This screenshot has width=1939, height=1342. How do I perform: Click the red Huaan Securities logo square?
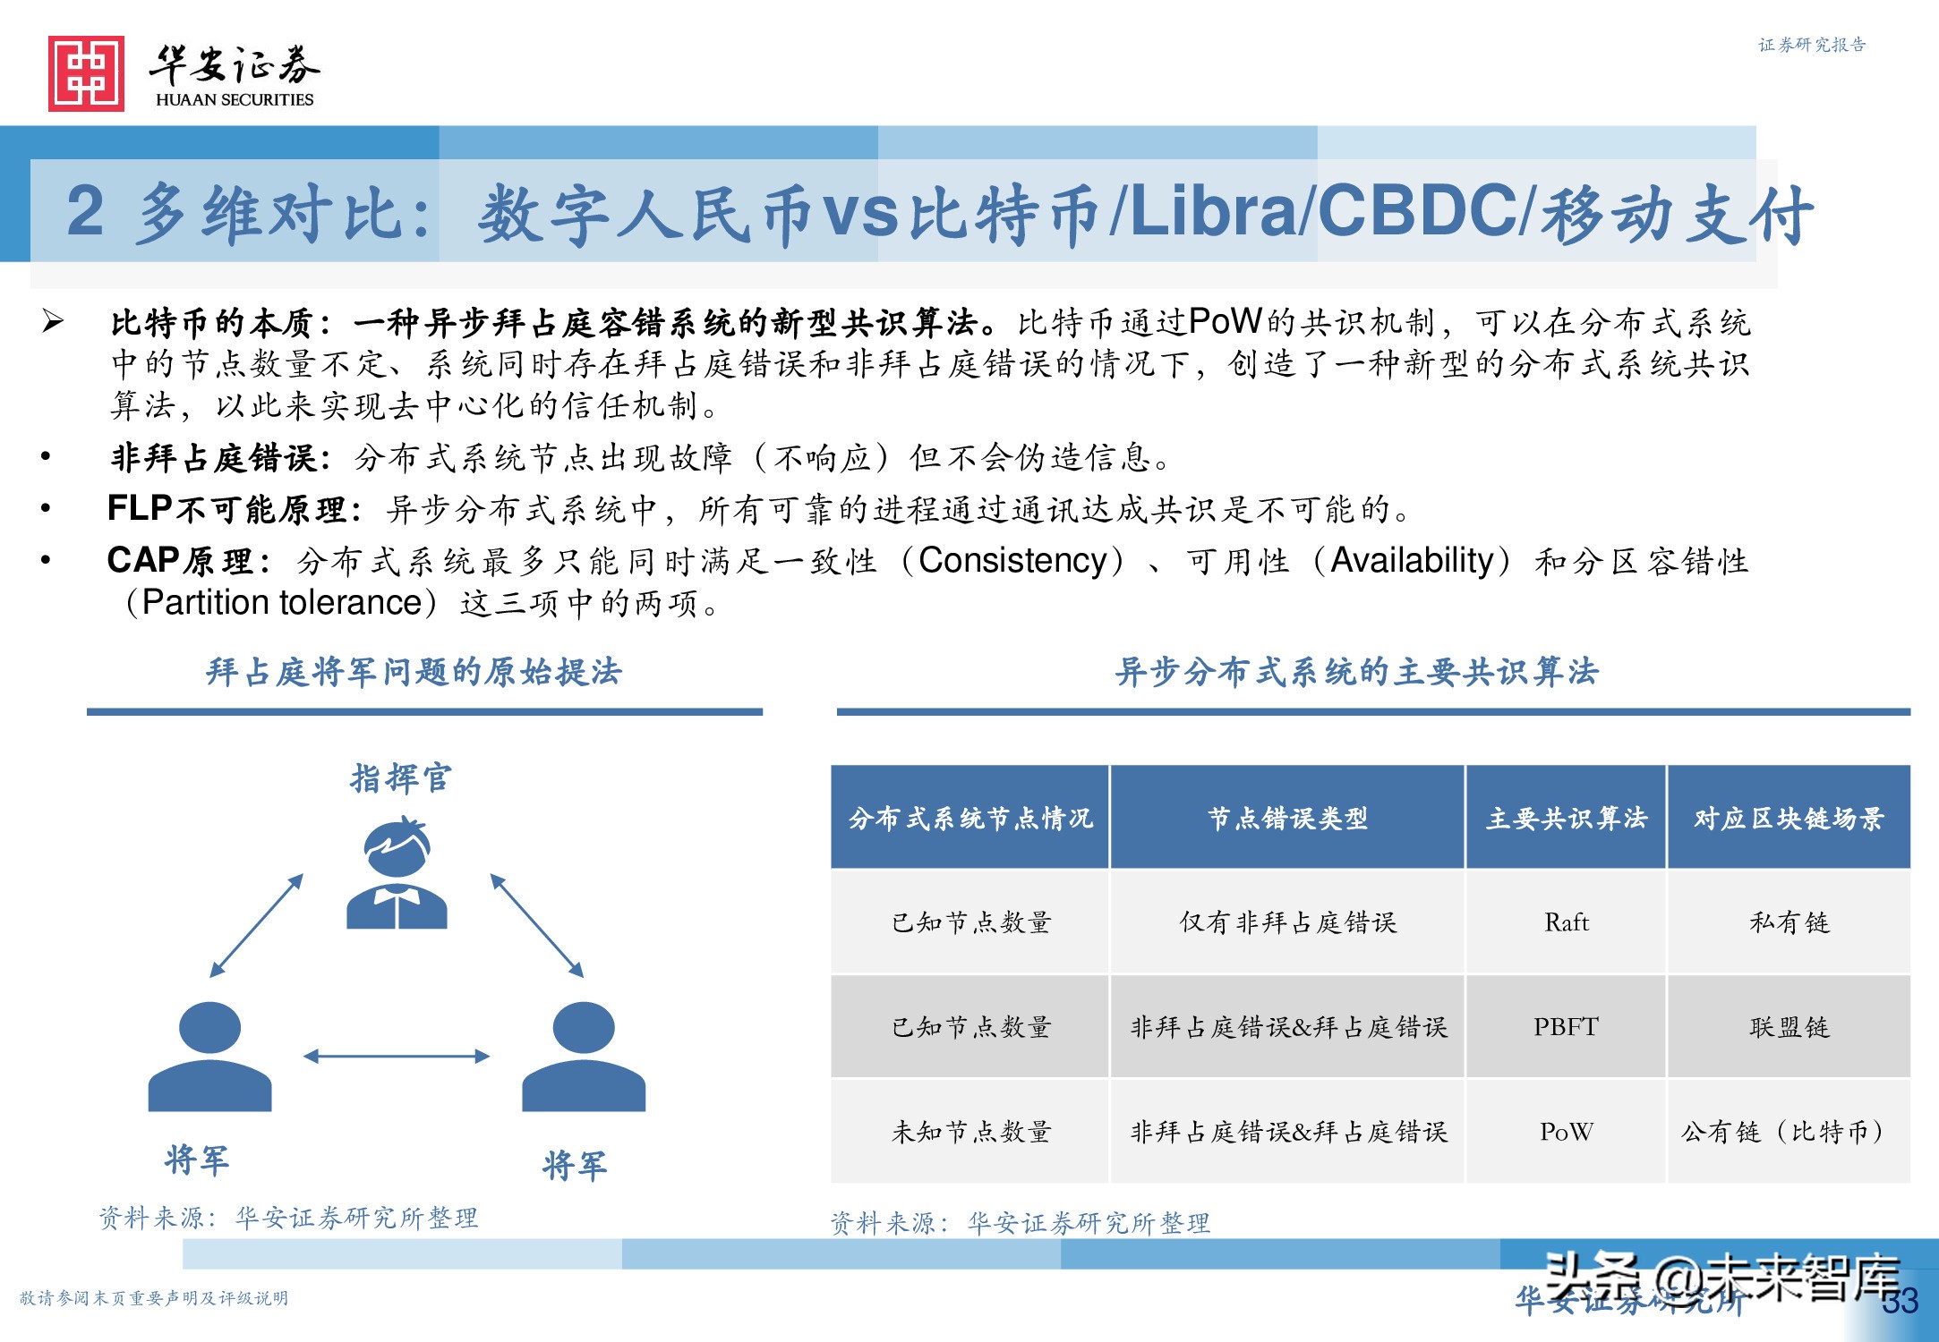[x=86, y=73]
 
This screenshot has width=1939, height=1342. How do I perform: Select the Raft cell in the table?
[x=1566, y=922]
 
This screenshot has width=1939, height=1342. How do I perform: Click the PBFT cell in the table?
[x=1566, y=1027]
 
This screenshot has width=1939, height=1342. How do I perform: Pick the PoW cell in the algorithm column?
[x=1566, y=1132]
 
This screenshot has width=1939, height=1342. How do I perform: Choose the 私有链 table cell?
[x=1789, y=922]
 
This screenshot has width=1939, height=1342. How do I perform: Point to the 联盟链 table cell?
[x=1789, y=1027]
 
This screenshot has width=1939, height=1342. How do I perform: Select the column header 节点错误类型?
[x=1287, y=818]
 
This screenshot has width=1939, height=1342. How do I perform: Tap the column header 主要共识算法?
[x=1566, y=818]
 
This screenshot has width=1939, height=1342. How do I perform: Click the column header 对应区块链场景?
[x=1789, y=818]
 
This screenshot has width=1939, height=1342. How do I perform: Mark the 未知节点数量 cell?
[x=970, y=1132]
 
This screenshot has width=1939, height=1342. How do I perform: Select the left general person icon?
[x=209, y=1056]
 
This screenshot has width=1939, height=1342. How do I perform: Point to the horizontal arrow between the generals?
[x=397, y=1057]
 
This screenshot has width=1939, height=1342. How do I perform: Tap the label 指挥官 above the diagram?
[x=400, y=778]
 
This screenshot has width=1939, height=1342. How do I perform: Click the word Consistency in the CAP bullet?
[x=1012, y=561]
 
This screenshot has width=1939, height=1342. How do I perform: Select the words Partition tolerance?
[x=281, y=603]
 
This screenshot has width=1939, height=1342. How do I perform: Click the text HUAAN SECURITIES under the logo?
[x=235, y=99]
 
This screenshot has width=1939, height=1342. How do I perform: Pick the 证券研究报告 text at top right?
[x=1811, y=45]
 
